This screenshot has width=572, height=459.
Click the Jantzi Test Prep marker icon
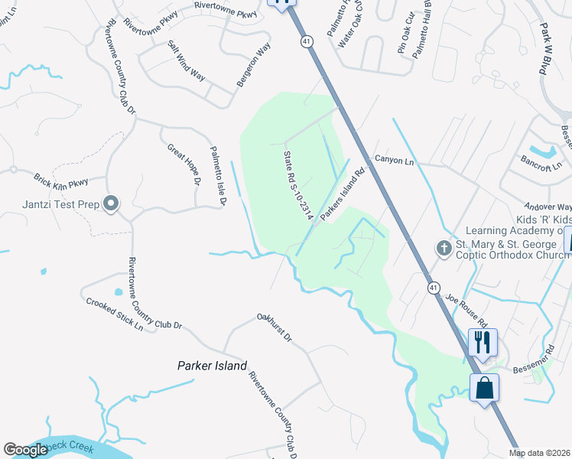pyautogui.click(x=112, y=203)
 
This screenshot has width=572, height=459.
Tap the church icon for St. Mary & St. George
pyautogui.click(x=444, y=249)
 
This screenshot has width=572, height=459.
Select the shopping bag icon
pyautogui.click(x=484, y=388)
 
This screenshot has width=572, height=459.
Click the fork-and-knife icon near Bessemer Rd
pyautogui.click(x=483, y=342)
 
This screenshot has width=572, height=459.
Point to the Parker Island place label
pyautogui.click(x=212, y=366)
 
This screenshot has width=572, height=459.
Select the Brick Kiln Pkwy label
pyautogui.click(x=61, y=181)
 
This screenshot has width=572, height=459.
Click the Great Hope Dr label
pyautogui.click(x=184, y=167)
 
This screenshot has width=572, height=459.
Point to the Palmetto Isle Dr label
pyautogui.click(x=218, y=177)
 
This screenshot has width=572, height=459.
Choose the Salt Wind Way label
pyautogui.click(x=187, y=62)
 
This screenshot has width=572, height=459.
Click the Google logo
pyautogui.click(x=25, y=450)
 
